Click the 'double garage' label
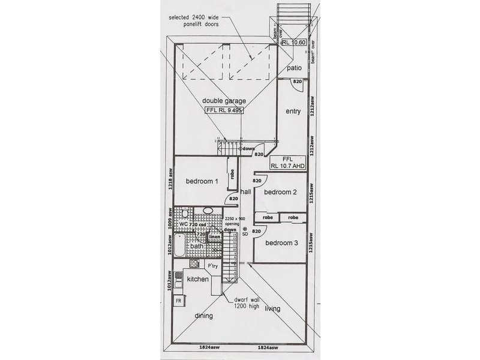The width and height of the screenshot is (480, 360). click(x=224, y=101)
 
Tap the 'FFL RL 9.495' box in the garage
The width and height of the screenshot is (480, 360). click(x=223, y=111)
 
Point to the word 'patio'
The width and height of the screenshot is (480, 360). click(x=293, y=68)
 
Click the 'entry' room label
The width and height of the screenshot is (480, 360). click(x=293, y=112)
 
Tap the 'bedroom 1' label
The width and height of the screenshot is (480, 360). click(x=201, y=182)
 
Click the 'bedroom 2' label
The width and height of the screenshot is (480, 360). click(x=281, y=192)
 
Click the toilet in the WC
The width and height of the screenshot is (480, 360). click(x=185, y=214)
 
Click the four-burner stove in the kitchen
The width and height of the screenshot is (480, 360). click(x=194, y=263)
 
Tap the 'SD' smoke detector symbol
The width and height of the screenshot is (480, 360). click(x=245, y=231)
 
